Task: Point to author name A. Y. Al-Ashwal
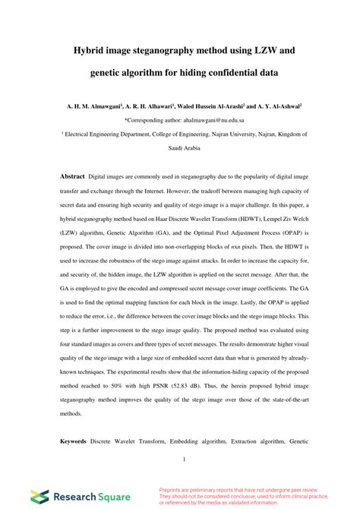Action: (279, 107)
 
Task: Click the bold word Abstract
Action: (73, 175)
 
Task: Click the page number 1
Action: (184, 458)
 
